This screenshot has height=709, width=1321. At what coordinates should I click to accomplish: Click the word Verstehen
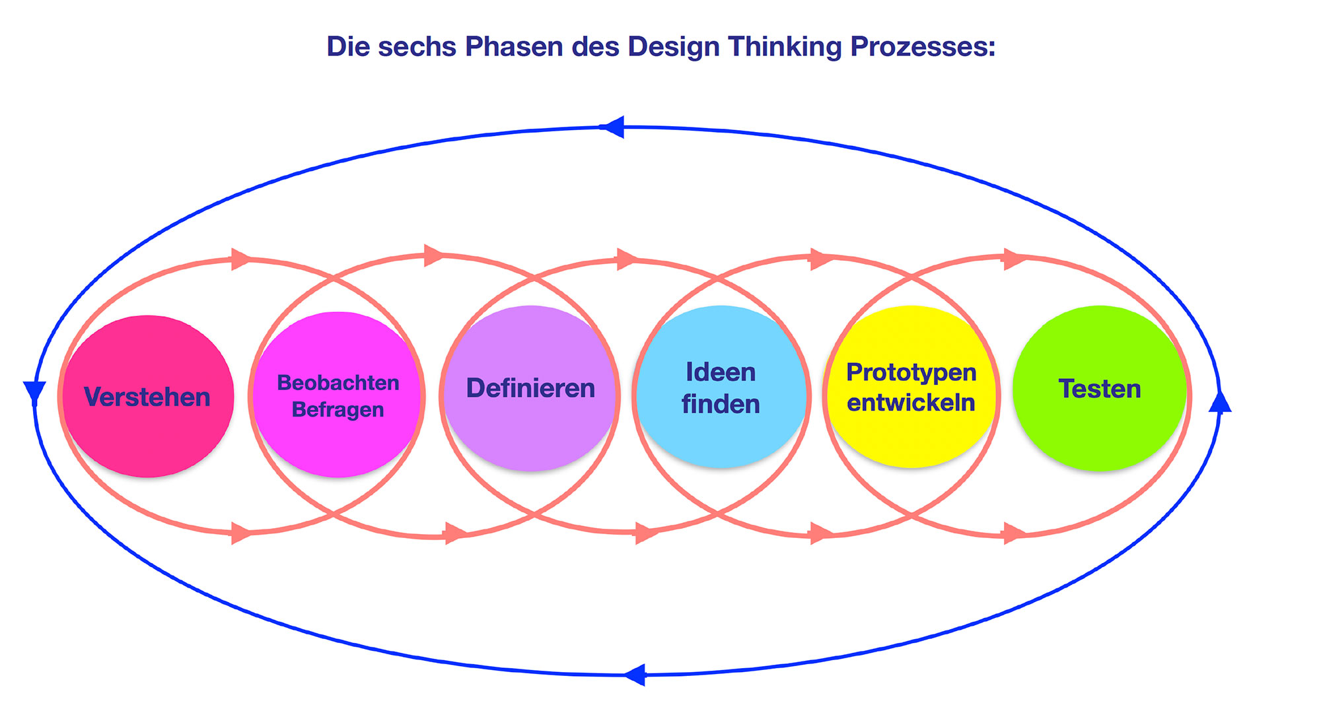pyautogui.click(x=147, y=397)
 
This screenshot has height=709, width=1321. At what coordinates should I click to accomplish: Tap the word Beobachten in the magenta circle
pyautogui.click(x=338, y=382)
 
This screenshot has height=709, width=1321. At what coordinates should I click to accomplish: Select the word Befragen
pyautogui.click(x=338, y=409)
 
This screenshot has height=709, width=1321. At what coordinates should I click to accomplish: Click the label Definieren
pyautogui.click(x=530, y=388)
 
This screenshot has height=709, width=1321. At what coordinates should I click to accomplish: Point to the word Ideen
pyautogui.click(x=721, y=372)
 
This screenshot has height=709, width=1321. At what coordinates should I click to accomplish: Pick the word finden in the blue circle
pyautogui.click(x=721, y=404)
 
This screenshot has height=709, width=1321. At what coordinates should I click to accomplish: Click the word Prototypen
pyautogui.click(x=911, y=372)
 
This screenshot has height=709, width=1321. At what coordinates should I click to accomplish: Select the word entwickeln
pyautogui.click(x=911, y=402)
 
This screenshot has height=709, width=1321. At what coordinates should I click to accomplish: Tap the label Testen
pyautogui.click(x=1100, y=389)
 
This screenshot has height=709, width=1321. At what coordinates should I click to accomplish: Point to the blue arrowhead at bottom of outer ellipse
pyautogui.click(x=635, y=675)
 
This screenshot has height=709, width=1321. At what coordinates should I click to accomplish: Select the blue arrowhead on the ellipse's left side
pyautogui.click(x=34, y=391)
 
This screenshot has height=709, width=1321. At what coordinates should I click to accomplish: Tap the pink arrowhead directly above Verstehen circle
pyautogui.click(x=241, y=259)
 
